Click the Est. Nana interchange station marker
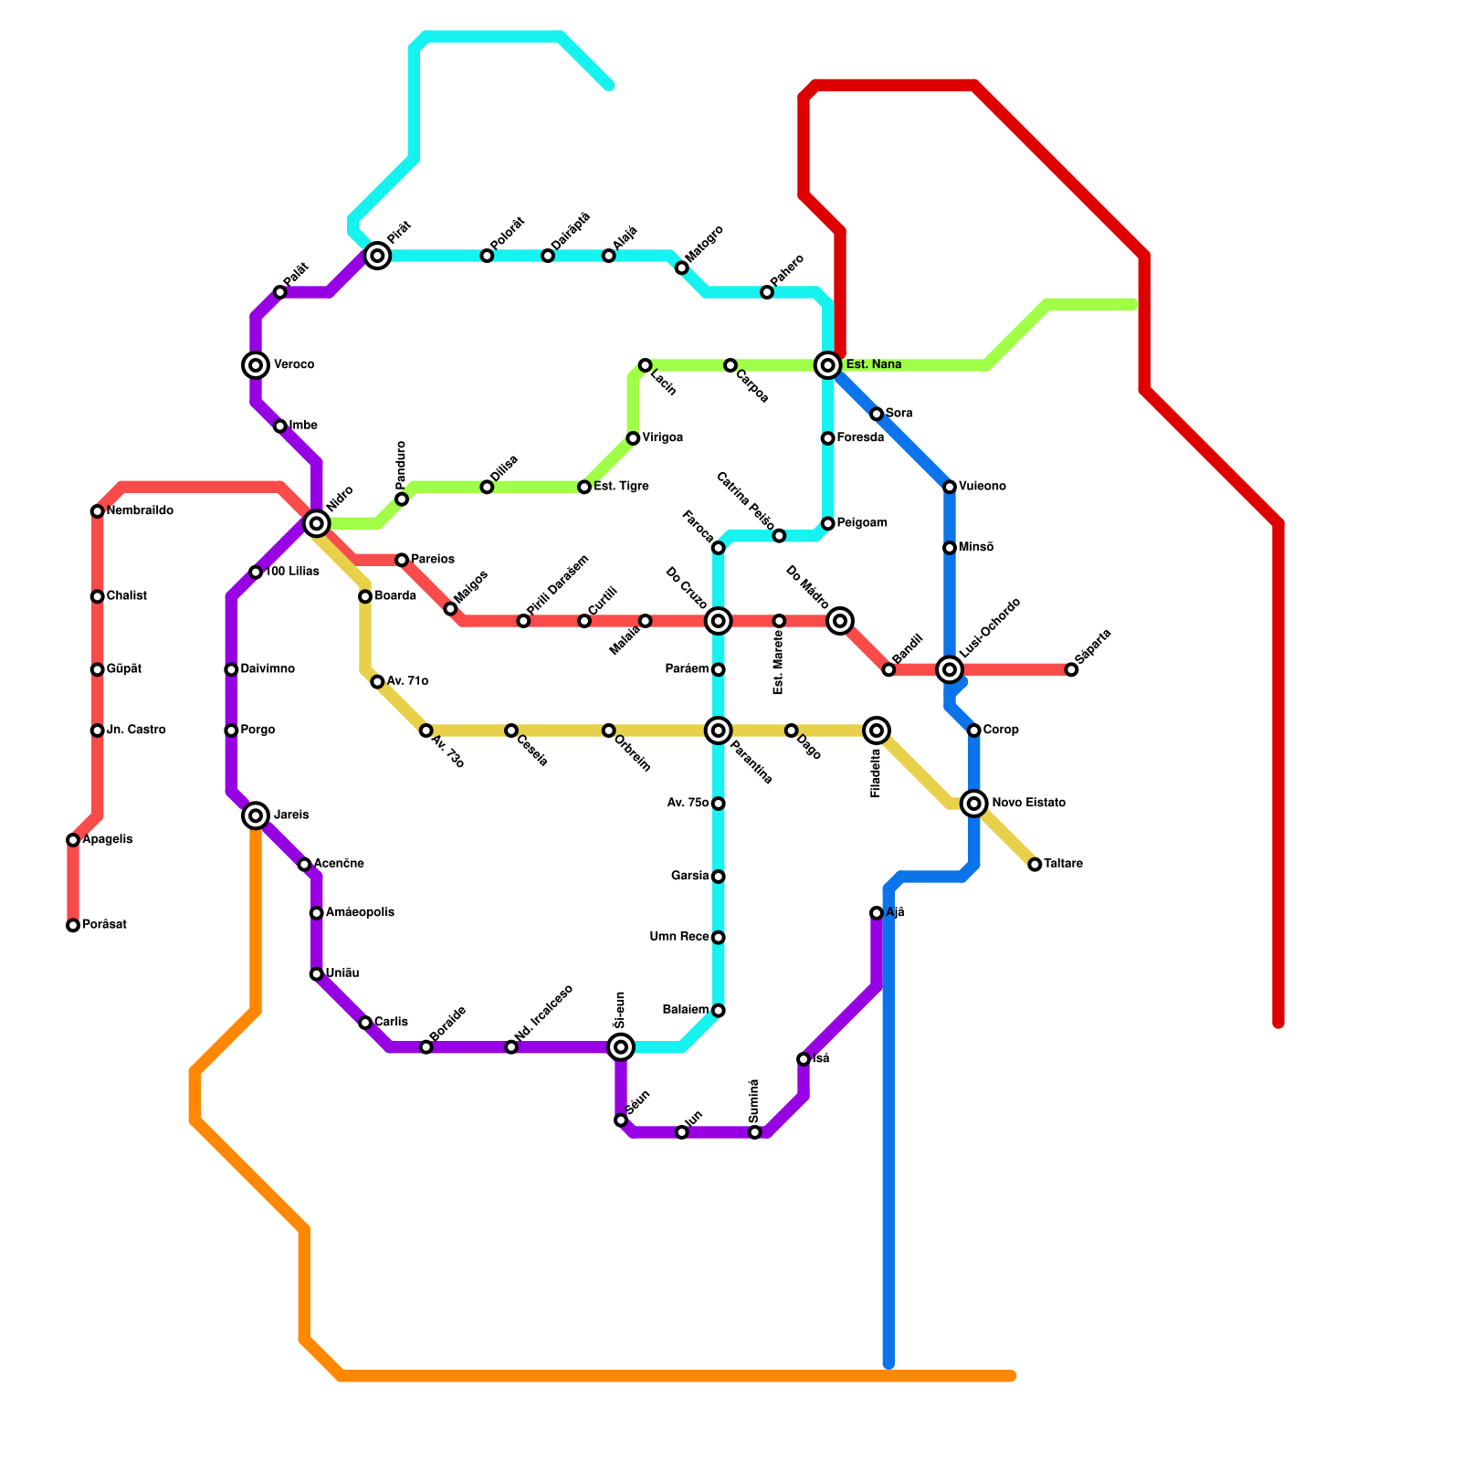(828, 365)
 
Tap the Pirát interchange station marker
(377, 257)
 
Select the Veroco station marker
(257, 365)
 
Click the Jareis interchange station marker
(257, 815)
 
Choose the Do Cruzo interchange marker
(719, 621)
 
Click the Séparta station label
(1093, 646)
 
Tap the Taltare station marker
(1035, 864)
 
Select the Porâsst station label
(104, 925)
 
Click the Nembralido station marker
(98, 511)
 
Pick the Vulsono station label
(983, 487)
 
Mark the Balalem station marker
(719, 1011)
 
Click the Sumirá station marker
(755, 1132)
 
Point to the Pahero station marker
(767, 292)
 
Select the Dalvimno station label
(268, 669)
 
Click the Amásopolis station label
(360, 913)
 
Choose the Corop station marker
(974, 730)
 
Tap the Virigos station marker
(633, 438)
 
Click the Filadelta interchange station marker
(877, 730)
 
